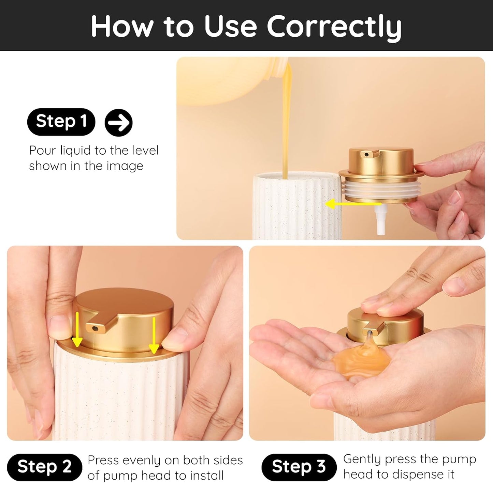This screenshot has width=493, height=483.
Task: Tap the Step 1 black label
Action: pyautogui.click(x=61, y=122)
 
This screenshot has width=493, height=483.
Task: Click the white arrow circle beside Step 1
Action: pyautogui.click(x=118, y=123)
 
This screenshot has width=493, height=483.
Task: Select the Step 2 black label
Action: pyautogui.click(x=44, y=466)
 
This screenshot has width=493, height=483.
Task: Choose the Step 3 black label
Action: pyautogui.click(x=299, y=466)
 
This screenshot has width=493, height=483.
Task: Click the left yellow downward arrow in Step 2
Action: pyautogui.click(x=77, y=329)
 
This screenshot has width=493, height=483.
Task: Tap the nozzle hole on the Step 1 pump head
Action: pyautogui.click(x=367, y=155)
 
